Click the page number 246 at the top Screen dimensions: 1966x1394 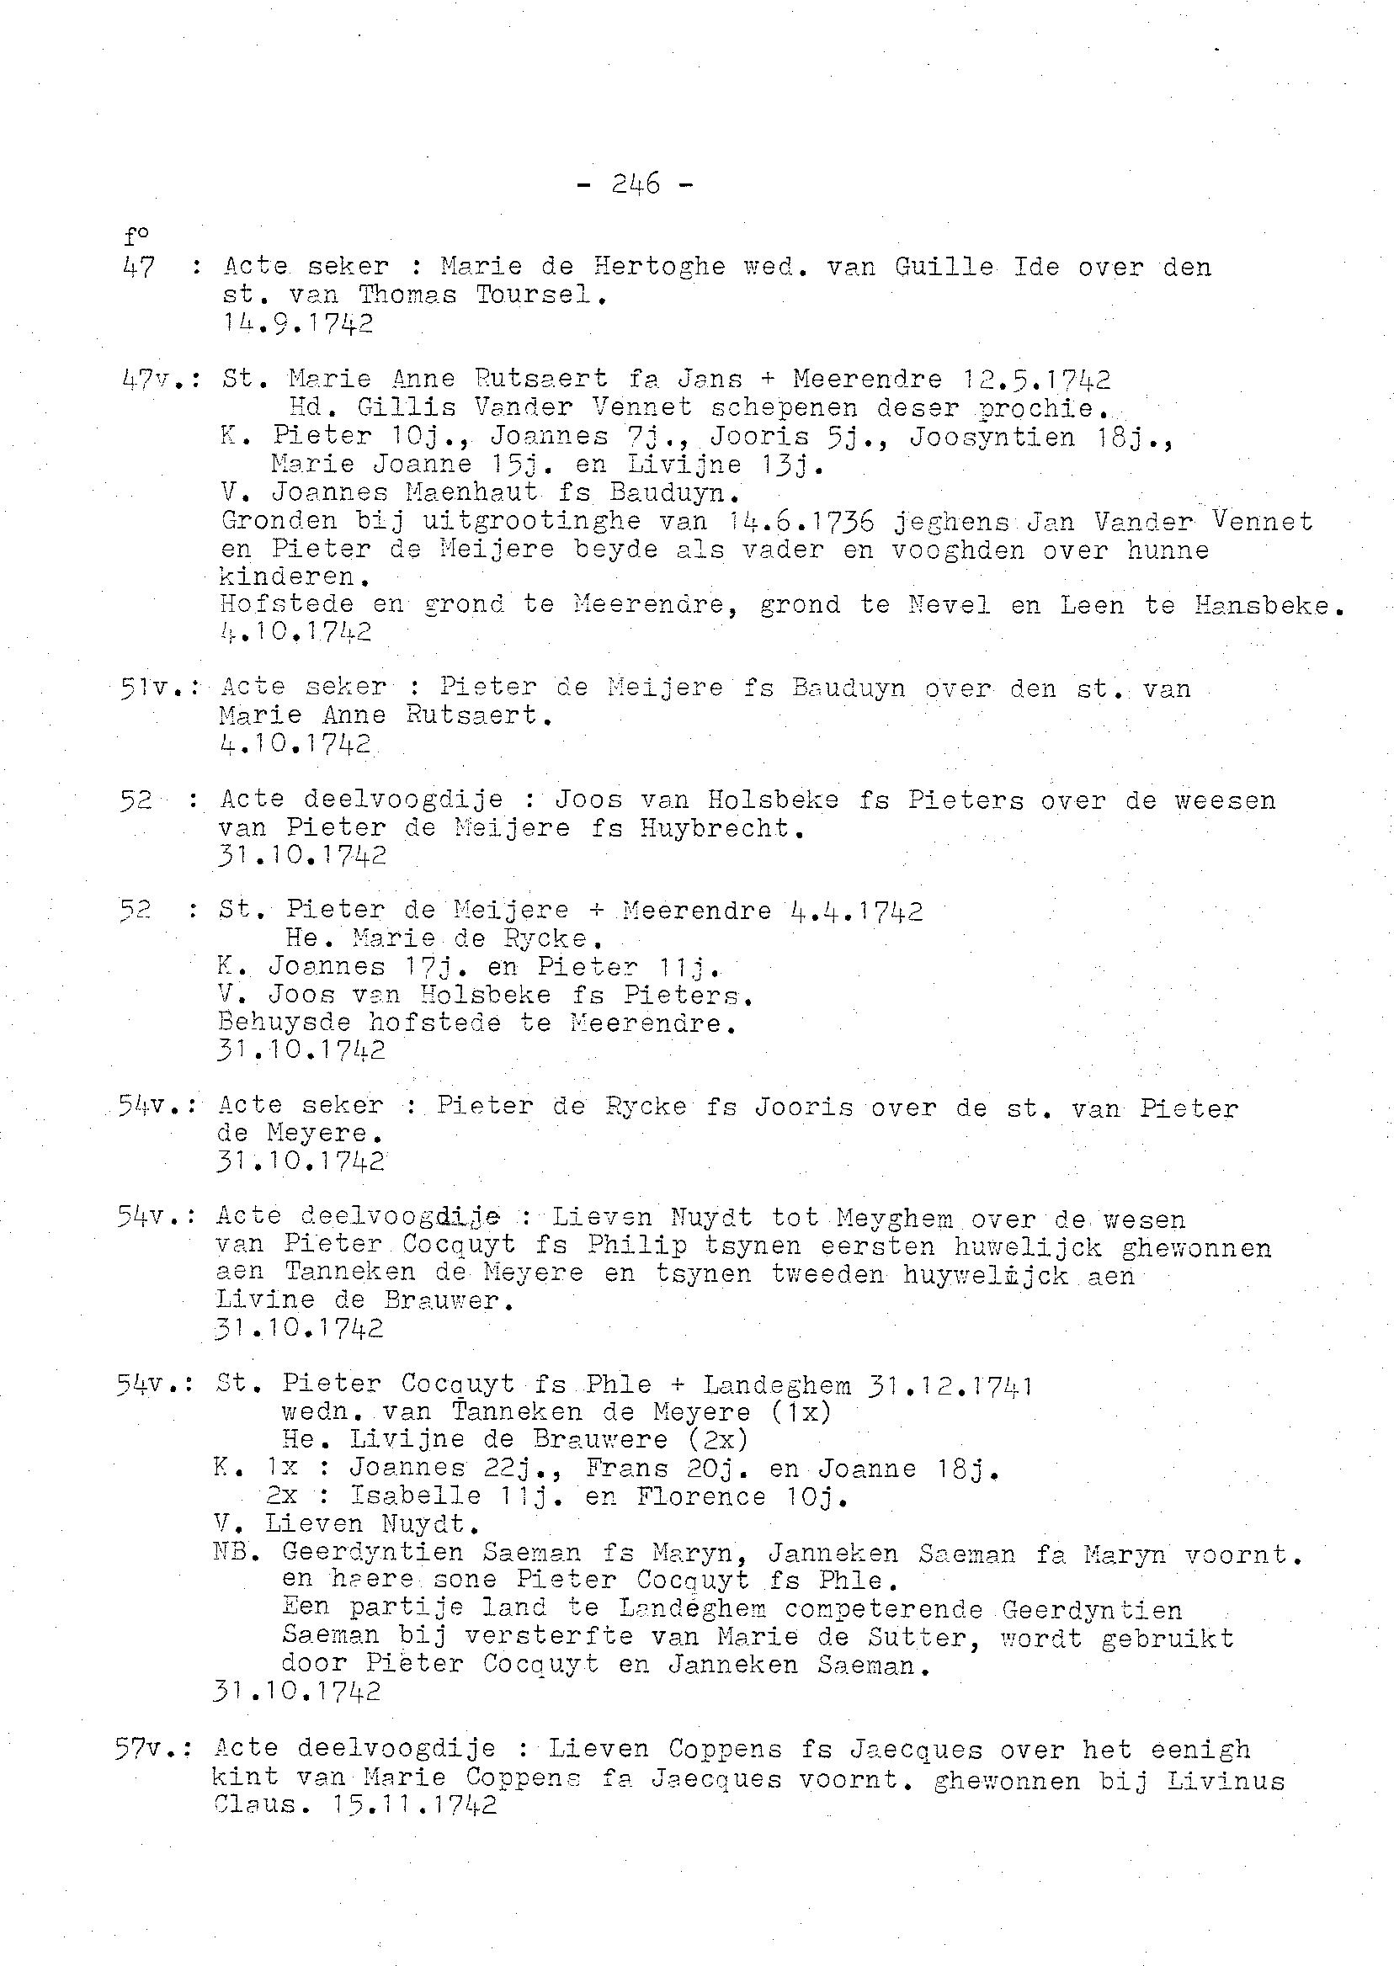pos(636,183)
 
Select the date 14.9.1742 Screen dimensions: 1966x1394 pos(298,323)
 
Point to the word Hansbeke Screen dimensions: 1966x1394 pos(1269,606)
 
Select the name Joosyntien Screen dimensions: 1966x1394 pos(992,438)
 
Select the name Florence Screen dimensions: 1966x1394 pos(701,1496)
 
